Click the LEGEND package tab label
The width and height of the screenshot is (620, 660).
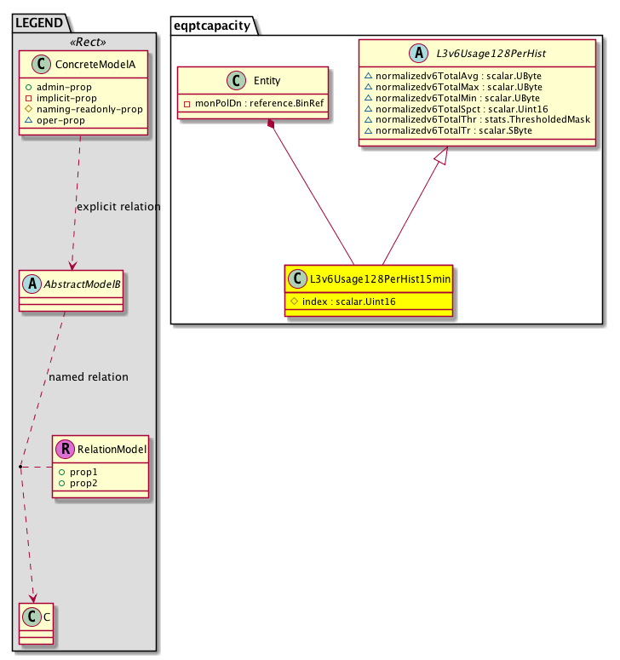pyautogui.click(x=38, y=23)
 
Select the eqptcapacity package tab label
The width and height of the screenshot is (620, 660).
pyautogui.click(x=212, y=26)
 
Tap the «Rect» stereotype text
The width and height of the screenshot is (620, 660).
pyautogui.click(x=88, y=42)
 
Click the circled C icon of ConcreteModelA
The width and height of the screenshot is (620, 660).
pyautogui.click(x=41, y=64)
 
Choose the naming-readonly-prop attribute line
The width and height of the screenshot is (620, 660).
pyautogui.click(x=83, y=110)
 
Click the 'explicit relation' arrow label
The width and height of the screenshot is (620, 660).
pyautogui.click(x=118, y=207)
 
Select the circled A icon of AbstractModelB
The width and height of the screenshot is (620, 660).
pyautogui.click(x=32, y=284)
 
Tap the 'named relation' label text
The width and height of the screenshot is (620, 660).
pyautogui.click(x=89, y=376)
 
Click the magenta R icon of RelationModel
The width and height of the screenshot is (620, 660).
pyautogui.click(x=66, y=449)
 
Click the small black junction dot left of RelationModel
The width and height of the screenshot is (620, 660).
pyautogui.click(x=20, y=467)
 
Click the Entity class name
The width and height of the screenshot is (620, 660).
pyautogui.click(x=267, y=80)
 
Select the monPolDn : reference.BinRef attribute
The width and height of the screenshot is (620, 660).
pyautogui.click(x=254, y=103)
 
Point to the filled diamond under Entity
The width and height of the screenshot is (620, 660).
pyautogui.click(x=271, y=124)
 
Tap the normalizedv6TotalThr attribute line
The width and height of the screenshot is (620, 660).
pyautogui.click(x=477, y=119)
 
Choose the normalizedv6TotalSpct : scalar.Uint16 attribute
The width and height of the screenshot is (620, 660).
pyautogui.click(x=456, y=109)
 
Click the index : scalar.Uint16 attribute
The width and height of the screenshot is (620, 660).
pyautogui.click(x=343, y=301)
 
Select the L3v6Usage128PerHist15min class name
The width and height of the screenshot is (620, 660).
pyautogui.click(x=380, y=279)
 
